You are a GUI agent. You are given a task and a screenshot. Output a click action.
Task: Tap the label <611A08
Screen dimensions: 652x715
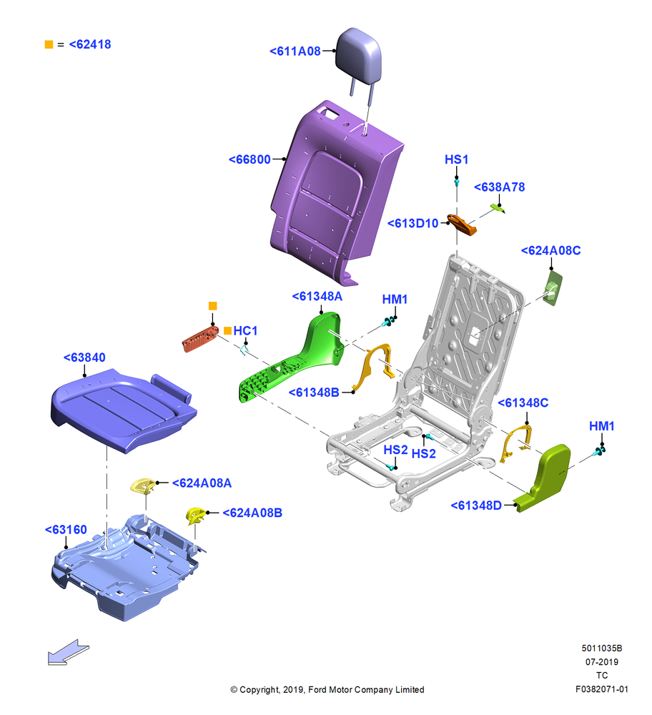[295, 51]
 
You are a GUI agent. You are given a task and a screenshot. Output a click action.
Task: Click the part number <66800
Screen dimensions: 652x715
[250, 159]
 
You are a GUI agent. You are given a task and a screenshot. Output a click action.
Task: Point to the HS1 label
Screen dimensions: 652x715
[456, 159]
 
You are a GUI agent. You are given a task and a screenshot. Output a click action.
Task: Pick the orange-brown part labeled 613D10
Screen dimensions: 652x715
[462, 225]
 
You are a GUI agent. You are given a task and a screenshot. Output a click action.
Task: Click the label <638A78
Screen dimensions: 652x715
[499, 187]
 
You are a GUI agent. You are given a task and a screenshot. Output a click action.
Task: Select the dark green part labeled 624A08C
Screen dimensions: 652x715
[553, 287]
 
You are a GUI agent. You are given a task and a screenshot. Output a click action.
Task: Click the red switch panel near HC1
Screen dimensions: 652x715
[201, 338]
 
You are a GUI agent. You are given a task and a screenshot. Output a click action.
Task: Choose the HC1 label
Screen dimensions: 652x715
[245, 330]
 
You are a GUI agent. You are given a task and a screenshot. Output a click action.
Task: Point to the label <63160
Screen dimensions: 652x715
[66, 529]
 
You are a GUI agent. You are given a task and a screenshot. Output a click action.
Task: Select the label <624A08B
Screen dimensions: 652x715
[252, 513]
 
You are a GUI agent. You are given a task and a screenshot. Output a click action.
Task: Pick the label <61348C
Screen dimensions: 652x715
[523, 403]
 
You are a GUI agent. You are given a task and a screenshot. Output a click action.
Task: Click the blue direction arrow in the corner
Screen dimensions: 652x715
[69, 652]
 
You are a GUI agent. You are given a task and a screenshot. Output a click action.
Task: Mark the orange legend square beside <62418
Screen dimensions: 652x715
[49, 44]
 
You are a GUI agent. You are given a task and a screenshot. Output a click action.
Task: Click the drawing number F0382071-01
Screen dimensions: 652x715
[601, 689]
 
